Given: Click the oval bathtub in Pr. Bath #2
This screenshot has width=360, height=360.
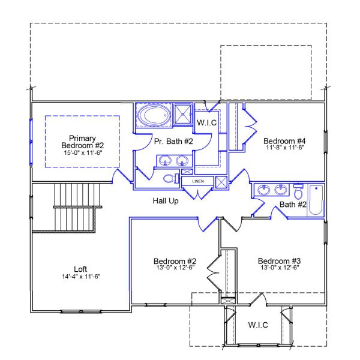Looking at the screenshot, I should [x=154, y=115].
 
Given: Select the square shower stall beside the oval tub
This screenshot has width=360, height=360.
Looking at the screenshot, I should [x=183, y=114].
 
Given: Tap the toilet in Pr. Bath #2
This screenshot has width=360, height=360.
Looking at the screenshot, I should [x=170, y=179].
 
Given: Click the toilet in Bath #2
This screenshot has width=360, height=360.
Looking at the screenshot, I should [x=298, y=191].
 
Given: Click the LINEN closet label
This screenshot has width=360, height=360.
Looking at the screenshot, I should [x=199, y=181].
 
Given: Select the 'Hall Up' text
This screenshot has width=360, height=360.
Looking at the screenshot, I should [x=165, y=200].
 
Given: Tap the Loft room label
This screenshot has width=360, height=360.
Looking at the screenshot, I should [x=80, y=269].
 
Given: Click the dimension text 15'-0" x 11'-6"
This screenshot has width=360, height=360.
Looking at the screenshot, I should [x=83, y=153].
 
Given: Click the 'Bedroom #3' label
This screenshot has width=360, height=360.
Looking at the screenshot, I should [x=279, y=261].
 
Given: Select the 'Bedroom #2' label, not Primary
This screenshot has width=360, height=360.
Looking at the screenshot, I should [x=175, y=261].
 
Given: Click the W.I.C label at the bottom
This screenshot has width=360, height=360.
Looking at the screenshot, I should [x=258, y=325].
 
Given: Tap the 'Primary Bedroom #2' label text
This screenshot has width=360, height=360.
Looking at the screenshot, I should [x=83, y=141].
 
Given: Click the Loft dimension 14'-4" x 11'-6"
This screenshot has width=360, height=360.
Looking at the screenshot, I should [x=80, y=277].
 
